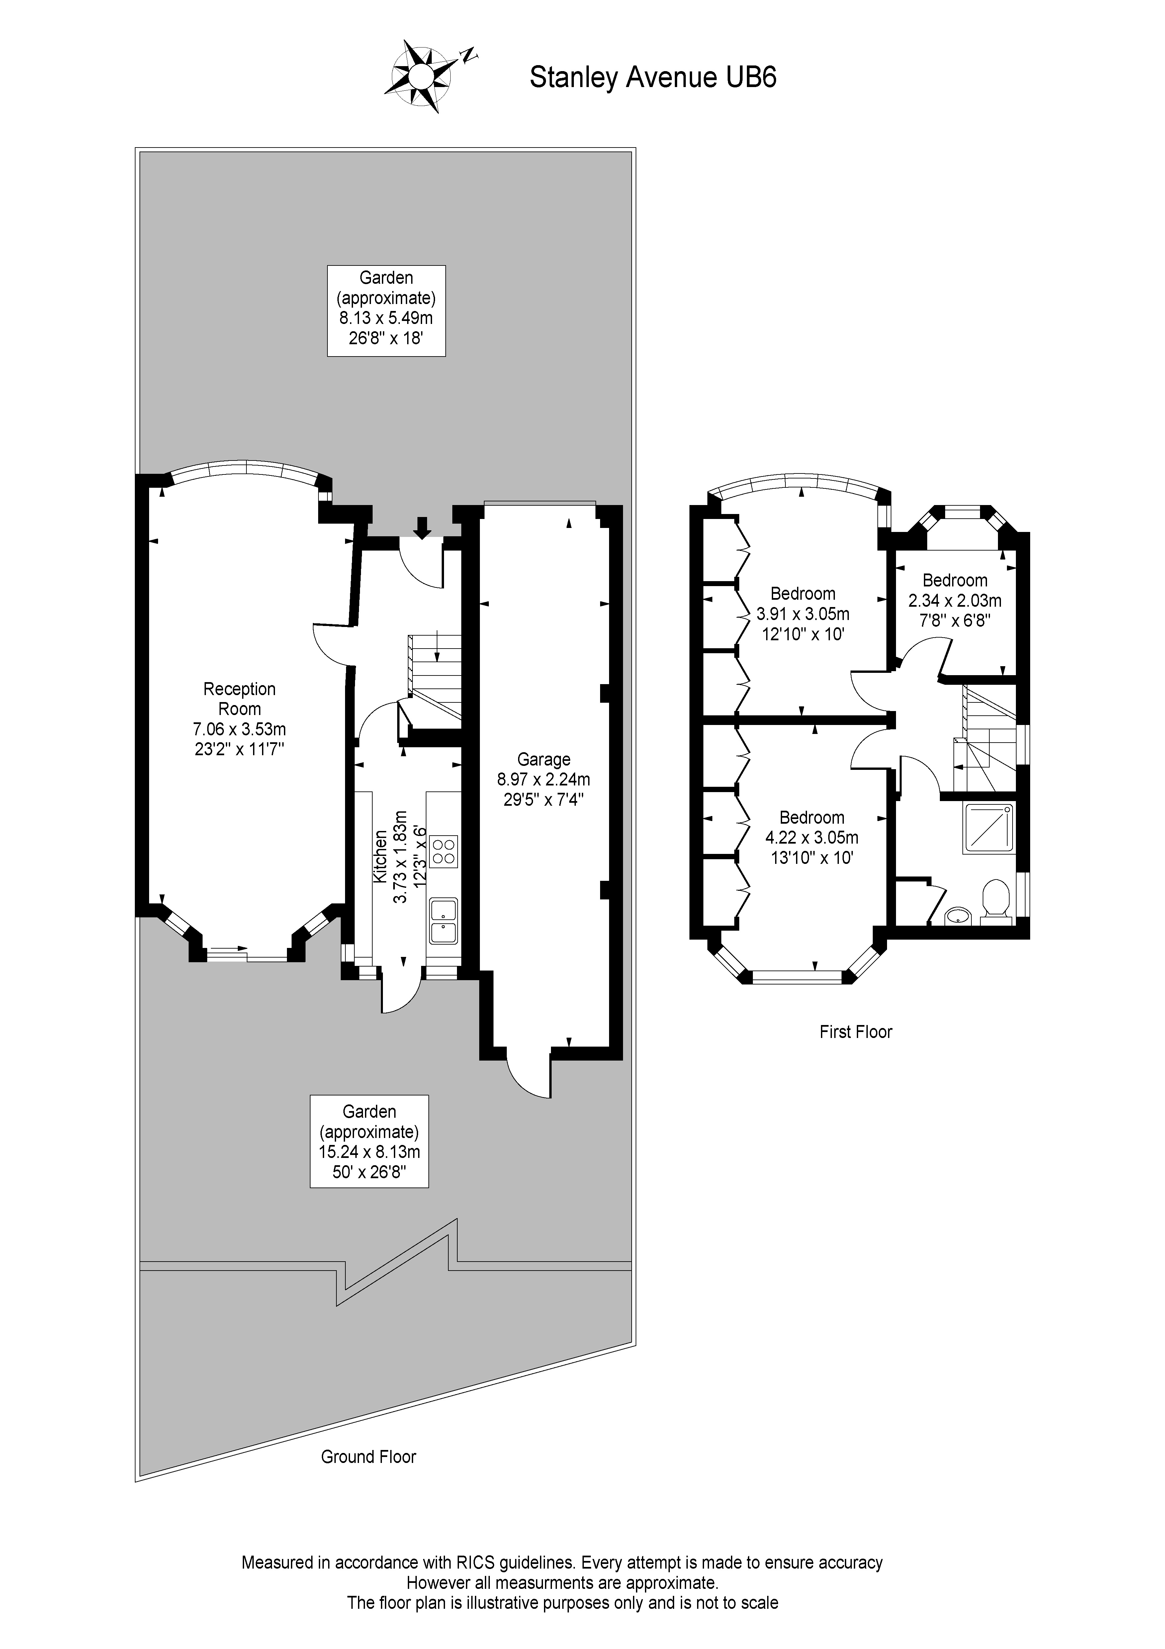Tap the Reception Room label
coord(239,699)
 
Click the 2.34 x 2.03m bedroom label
coord(955,600)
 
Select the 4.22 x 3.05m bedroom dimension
coord(812,837)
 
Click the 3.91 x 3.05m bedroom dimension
coord(802,614)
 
